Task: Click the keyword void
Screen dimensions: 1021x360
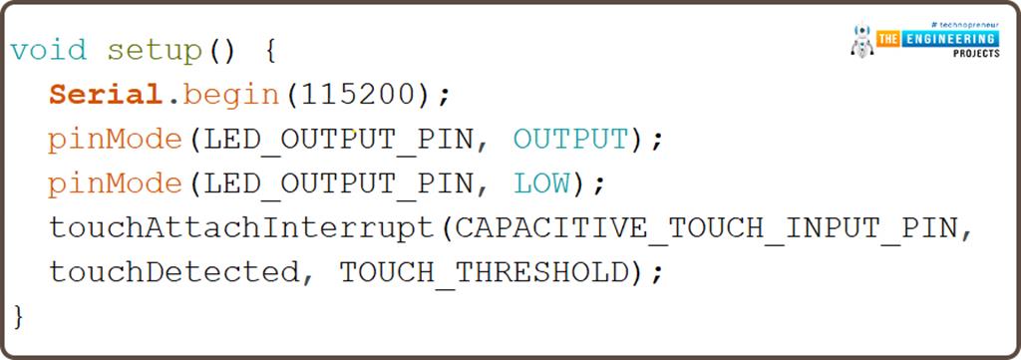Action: pos(48,50)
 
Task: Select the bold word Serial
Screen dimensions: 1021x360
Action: pos(105,96)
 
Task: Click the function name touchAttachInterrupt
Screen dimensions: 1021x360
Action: pos(240,228)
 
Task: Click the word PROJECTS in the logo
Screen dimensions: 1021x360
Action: pos(975,54)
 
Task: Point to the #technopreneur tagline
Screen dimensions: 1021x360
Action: pos(962,22)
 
